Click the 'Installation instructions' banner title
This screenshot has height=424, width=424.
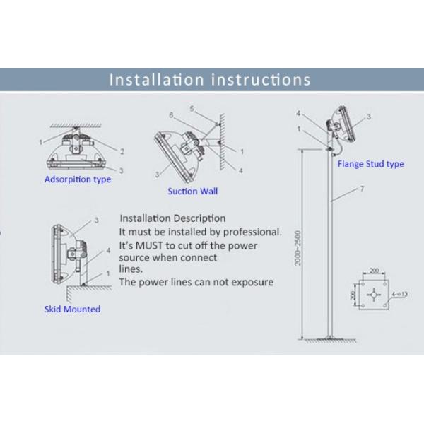pyautogui.click(x=210, y=80)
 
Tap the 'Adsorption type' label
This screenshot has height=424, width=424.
pyautogui.click(x=78, y=179)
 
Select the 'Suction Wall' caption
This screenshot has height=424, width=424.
pyautogui.click(x=192, y=192)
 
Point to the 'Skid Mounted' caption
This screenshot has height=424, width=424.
pyautogui.click(x=72, y=309)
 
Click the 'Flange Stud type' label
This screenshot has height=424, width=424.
pyautogui.click(x=371, y=164)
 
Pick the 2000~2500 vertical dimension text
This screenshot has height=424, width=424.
pyautogui.click(x=298, y=248)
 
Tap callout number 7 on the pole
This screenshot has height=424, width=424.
pyautogui.click(x=362, y=189)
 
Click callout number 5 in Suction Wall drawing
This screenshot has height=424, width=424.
pyautogui.click(x=192, y=109)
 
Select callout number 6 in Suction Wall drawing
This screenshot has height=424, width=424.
pyautogui.click(x=171, y=115)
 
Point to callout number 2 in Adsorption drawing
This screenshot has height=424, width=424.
pyautogui.click(x=122, y=151)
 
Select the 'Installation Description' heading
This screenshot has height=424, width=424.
pyautogui.click(x=172, y=218)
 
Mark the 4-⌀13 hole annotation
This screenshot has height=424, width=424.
pyautogui.click(x=400, y=294)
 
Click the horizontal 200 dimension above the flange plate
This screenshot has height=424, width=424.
pyautogui.click(x=374, y=271)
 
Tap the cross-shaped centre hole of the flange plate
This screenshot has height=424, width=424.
pyautogui.click(x=374, y=295)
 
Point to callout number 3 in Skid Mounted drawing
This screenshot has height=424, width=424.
pyautogui.click(x=96, y=220)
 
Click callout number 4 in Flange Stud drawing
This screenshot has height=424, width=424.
pyautogui.click(x=298, y=113)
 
